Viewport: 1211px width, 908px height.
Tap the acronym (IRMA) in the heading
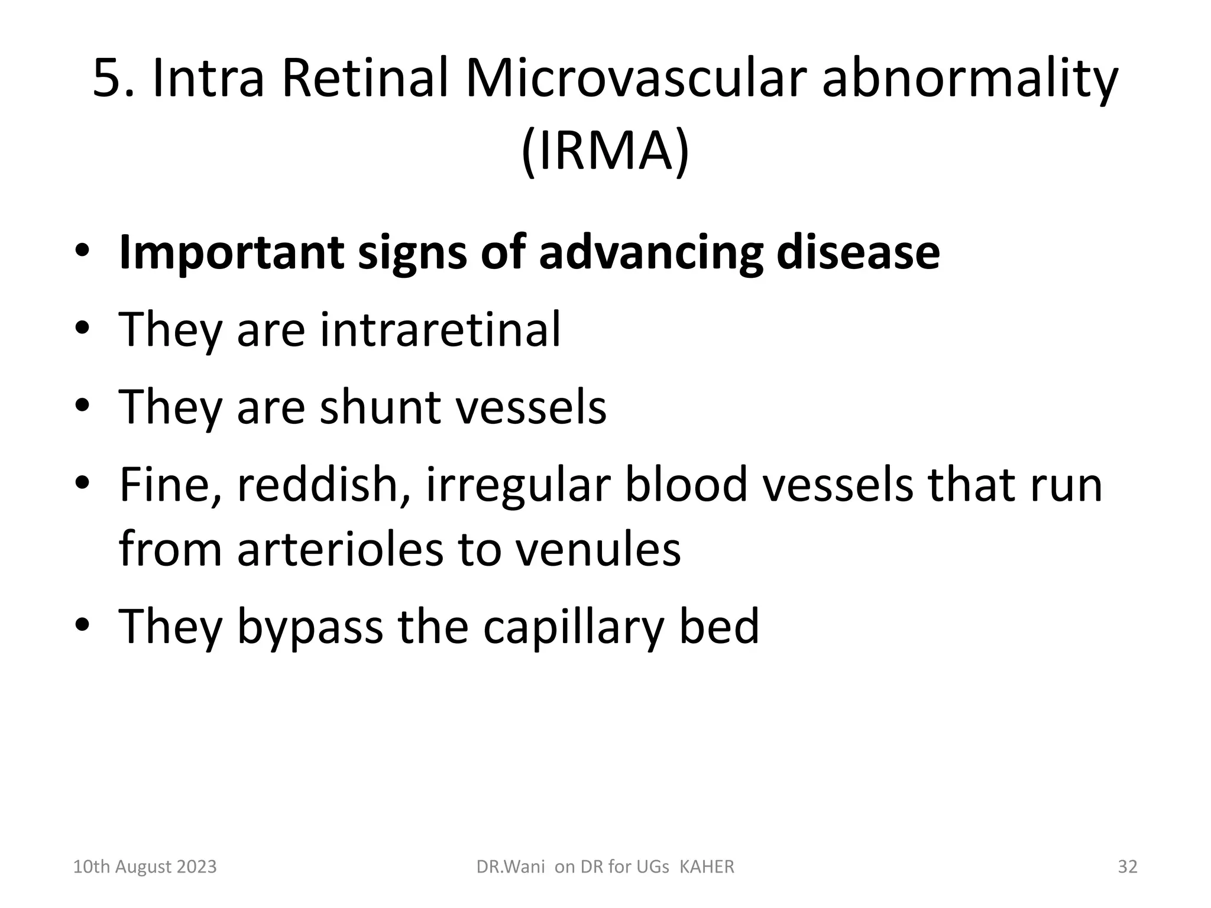605,151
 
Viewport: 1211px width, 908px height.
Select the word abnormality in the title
970,80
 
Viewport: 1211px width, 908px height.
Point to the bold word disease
857,252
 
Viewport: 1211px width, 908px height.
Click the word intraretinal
440,329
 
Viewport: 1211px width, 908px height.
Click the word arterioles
340,549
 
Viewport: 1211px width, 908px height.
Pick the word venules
598,549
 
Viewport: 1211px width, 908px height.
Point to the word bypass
310,627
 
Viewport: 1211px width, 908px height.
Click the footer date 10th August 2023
144,867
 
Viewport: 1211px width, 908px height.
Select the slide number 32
1127,867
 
